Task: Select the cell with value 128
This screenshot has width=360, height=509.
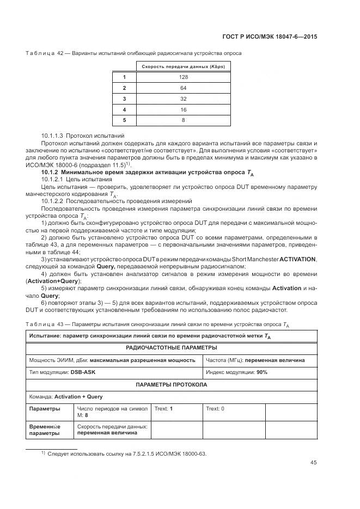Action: [x=183, y=77]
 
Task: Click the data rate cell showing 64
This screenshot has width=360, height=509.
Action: [x=183, y=88]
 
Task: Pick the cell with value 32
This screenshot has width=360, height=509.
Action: [x=183, y=99]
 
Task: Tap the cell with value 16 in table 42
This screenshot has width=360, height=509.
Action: [x=183, y=109]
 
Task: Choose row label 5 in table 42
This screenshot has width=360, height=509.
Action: [x=124, y=120]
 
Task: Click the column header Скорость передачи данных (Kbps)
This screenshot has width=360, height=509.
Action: [x=183, y=66]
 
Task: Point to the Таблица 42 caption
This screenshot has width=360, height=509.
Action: [x=46, y=53]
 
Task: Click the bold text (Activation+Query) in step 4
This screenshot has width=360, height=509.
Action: [x=53, y=281]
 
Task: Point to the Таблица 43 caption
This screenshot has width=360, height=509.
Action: [x=46, y=324]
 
